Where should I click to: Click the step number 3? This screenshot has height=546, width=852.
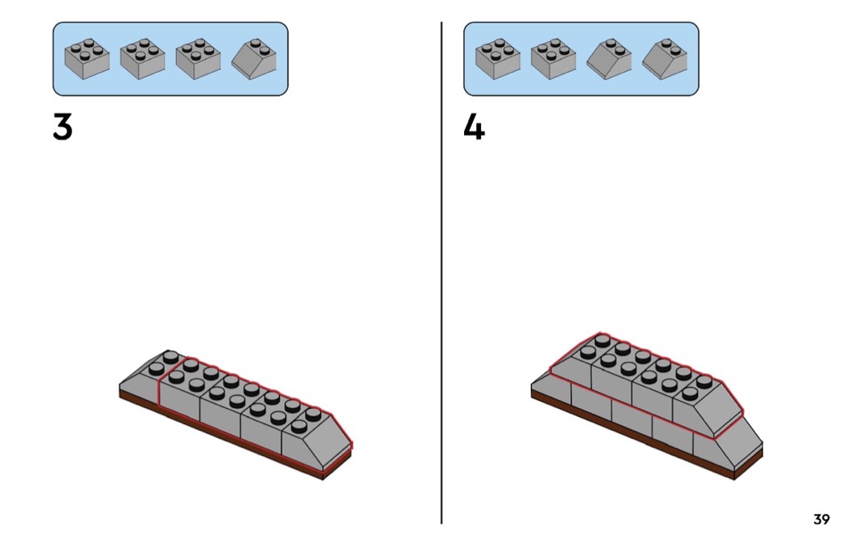click(62, 127)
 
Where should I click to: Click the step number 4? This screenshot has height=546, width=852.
click(474, 128)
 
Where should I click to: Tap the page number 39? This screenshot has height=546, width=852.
click(821, 519)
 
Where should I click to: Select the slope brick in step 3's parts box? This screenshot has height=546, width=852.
click(254, 59)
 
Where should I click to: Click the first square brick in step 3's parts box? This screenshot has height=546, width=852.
click(87, 59)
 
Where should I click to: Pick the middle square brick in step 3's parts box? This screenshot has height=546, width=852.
click(142, 59)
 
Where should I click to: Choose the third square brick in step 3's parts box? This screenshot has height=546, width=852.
click(198, 59)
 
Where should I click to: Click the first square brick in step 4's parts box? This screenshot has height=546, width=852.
click(497, 59)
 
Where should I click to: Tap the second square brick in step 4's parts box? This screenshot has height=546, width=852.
click(553, 59)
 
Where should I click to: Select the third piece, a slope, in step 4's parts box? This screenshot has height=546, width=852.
click(609, 59)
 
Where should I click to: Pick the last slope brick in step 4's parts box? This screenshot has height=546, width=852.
click(665, 59)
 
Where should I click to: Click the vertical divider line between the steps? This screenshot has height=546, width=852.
click(441, 273)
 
